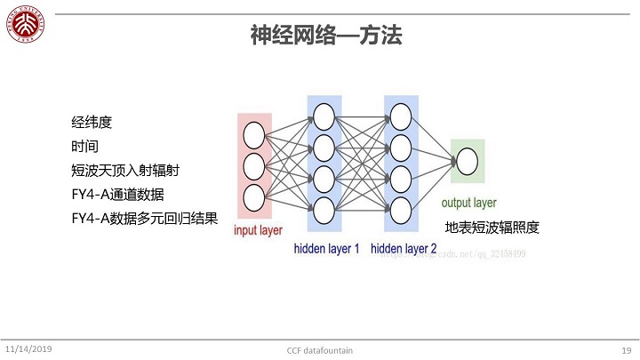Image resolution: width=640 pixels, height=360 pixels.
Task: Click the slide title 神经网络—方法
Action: pyautogui.click(x=325, y=36)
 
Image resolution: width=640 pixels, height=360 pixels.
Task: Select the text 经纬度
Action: pyautogui.click(x=92, y=122)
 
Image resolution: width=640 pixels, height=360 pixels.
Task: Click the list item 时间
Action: pyautogui.click(x=85, y=146)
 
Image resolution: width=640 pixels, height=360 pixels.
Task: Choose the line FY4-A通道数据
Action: pyautogui.click(x=117, y=194)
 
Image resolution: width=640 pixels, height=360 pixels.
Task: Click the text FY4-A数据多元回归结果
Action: pyautogui.click(x=144, y=218)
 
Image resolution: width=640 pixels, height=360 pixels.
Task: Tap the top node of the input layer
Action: pyautogui.click(x=254, y=136)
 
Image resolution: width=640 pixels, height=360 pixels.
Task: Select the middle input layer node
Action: pyautogui.click(x=254, y=165)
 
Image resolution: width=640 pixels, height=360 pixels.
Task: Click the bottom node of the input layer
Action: pyautogui.click(x=254, y=196)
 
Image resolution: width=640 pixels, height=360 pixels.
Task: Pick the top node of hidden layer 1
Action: pyautogui.click(x=324, y=115)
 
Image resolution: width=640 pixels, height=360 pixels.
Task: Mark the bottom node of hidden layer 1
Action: pyautogui.click(x=324, y=211)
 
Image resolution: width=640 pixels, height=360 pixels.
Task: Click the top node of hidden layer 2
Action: pyautogui.click(x=401, y=115)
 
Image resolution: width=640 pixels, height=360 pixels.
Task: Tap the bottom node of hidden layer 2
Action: pyautogui.click(x=401, y=211)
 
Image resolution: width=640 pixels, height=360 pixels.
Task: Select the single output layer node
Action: pyautogui.click(x=468, y=162)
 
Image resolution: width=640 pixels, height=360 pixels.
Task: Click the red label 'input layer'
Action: pyautogui.click(x=258, y=230)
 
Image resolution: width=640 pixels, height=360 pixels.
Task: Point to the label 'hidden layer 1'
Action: pyautogui.click(x=326, y=249)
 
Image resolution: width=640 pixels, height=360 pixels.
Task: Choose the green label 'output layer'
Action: pyautogui.click(x=468, y=203)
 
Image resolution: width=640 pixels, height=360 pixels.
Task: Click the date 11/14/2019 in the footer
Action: pyautogui.click(x=28, y=349)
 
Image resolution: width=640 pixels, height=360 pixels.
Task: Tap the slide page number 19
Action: pyautogui.click(x=626, y=350)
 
